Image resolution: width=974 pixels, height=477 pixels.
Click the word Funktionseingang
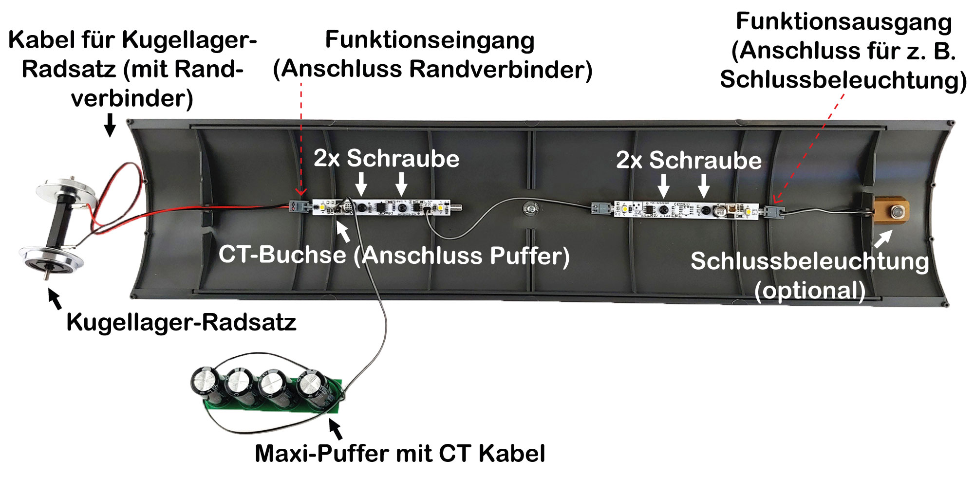tap(430, 40)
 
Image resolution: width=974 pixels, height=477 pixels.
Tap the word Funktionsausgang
tap(843, 22)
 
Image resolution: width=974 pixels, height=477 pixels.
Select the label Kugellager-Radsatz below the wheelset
tap(181, 322)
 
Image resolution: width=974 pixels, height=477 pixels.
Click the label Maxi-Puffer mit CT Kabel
tap(400, 453)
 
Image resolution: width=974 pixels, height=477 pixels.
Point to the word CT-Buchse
tap(282, 255)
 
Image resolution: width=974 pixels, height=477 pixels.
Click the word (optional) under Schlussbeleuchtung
tap(810, 291)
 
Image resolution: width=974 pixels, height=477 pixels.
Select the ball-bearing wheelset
tap(58, 224)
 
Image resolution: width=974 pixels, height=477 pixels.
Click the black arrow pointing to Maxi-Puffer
tap(335, 428)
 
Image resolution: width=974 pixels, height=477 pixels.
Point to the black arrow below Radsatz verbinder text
tap(111, 125)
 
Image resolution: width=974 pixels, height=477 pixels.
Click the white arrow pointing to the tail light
tap(883, 238)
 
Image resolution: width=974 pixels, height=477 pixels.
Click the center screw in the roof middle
tap(530, 208)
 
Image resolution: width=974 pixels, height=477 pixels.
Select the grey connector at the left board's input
tap(298, 206)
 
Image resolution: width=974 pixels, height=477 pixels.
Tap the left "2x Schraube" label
tap(386, 158)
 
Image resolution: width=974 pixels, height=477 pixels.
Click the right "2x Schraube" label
tap(689, 160)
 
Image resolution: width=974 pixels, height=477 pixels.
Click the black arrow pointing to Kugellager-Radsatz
tap(55, 298)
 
